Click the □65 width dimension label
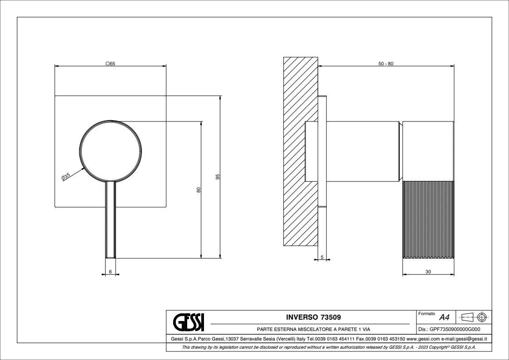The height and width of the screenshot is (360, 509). click(x=111, y=63)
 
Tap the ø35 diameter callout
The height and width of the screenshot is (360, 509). click(x=65, y=177)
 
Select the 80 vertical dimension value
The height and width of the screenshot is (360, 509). click(x=199, y=190)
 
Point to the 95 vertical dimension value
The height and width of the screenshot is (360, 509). click(x=218, y=176)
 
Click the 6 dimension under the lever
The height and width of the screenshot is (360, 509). click(x=111, y=272)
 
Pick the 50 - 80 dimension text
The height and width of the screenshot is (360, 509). click(x=386, y=63)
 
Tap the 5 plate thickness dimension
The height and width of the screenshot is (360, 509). click(x=322, y=257)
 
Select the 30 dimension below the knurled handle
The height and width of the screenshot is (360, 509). click(x=428, y=272)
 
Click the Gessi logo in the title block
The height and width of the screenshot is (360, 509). click(x=189, y=322)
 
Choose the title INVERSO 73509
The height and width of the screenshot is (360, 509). click(x=314, y=317)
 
